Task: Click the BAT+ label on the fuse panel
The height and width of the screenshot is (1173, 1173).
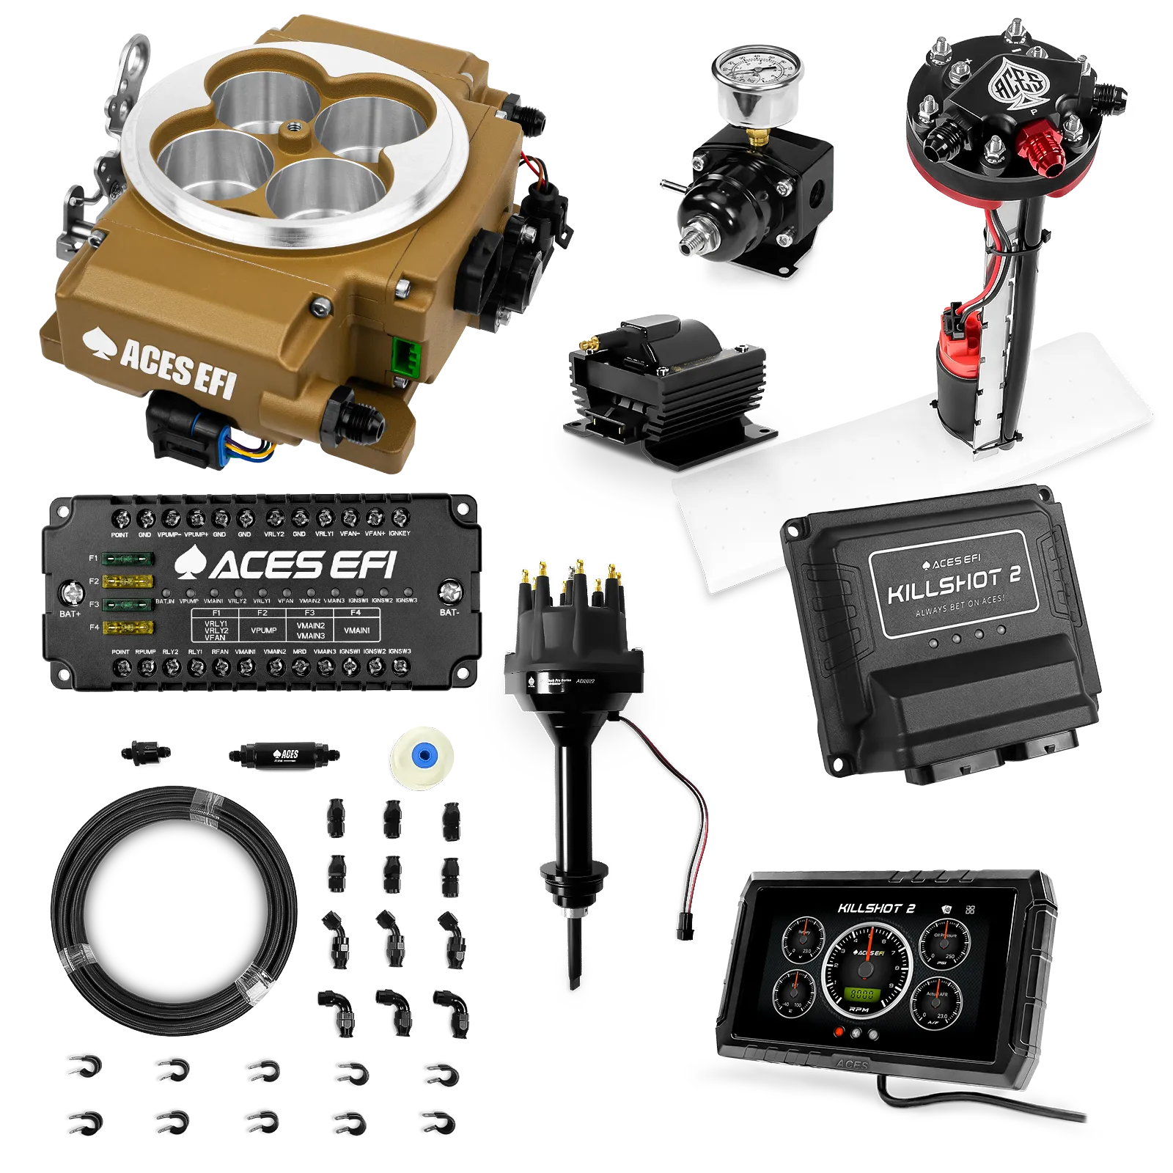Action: [70, 613]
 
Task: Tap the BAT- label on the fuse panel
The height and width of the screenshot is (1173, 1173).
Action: [449, 612]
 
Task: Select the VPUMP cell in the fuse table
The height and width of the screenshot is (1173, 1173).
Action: [263, 630]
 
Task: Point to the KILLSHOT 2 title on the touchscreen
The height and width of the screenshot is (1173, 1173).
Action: [877, 908]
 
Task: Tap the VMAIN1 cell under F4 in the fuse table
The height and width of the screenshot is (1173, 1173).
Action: [357, 630]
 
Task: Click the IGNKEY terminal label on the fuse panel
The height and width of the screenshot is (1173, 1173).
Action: [400, 534]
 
